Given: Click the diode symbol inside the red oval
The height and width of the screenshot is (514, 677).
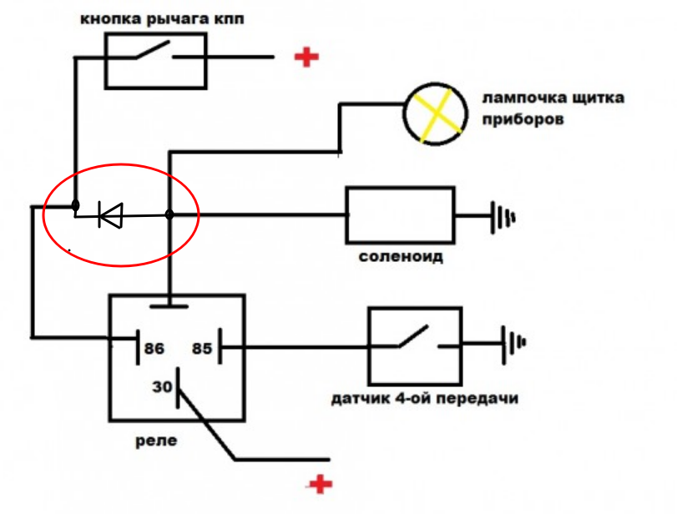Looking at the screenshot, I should point(109,215).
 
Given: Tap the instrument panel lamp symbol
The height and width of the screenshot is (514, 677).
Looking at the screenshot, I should point(433,115).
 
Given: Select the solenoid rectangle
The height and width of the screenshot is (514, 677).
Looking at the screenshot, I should point(400,215).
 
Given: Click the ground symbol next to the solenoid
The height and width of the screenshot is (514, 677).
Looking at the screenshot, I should point(502,216).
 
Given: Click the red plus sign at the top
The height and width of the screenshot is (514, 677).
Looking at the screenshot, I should point(306,57).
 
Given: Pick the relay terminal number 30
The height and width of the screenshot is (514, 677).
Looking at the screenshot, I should point(161,387).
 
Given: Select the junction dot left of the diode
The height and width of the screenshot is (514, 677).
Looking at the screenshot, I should point(75,204).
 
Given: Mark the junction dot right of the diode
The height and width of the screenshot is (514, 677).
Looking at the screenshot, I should point(169,215).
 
